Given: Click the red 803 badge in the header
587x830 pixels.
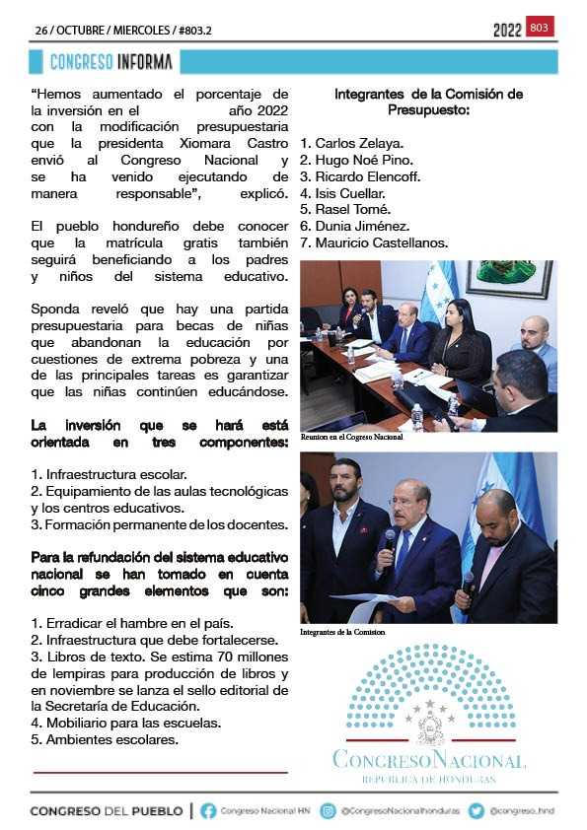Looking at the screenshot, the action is coord(540,28).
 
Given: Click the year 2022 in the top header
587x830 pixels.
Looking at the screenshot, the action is coord(507,31).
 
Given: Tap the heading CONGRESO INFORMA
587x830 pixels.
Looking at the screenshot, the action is coord(111,62).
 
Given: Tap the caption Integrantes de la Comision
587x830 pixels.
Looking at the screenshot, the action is coord(343,632).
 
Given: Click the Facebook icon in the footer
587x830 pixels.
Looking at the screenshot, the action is coord(208,811).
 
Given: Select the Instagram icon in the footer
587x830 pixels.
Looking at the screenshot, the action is coord(328,811).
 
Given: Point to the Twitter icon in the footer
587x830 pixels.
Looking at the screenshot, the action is coord(477,811).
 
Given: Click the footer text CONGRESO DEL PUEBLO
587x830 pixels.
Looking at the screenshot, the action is coord(106,811).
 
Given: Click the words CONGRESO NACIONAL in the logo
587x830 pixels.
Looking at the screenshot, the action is coord(429,760).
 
